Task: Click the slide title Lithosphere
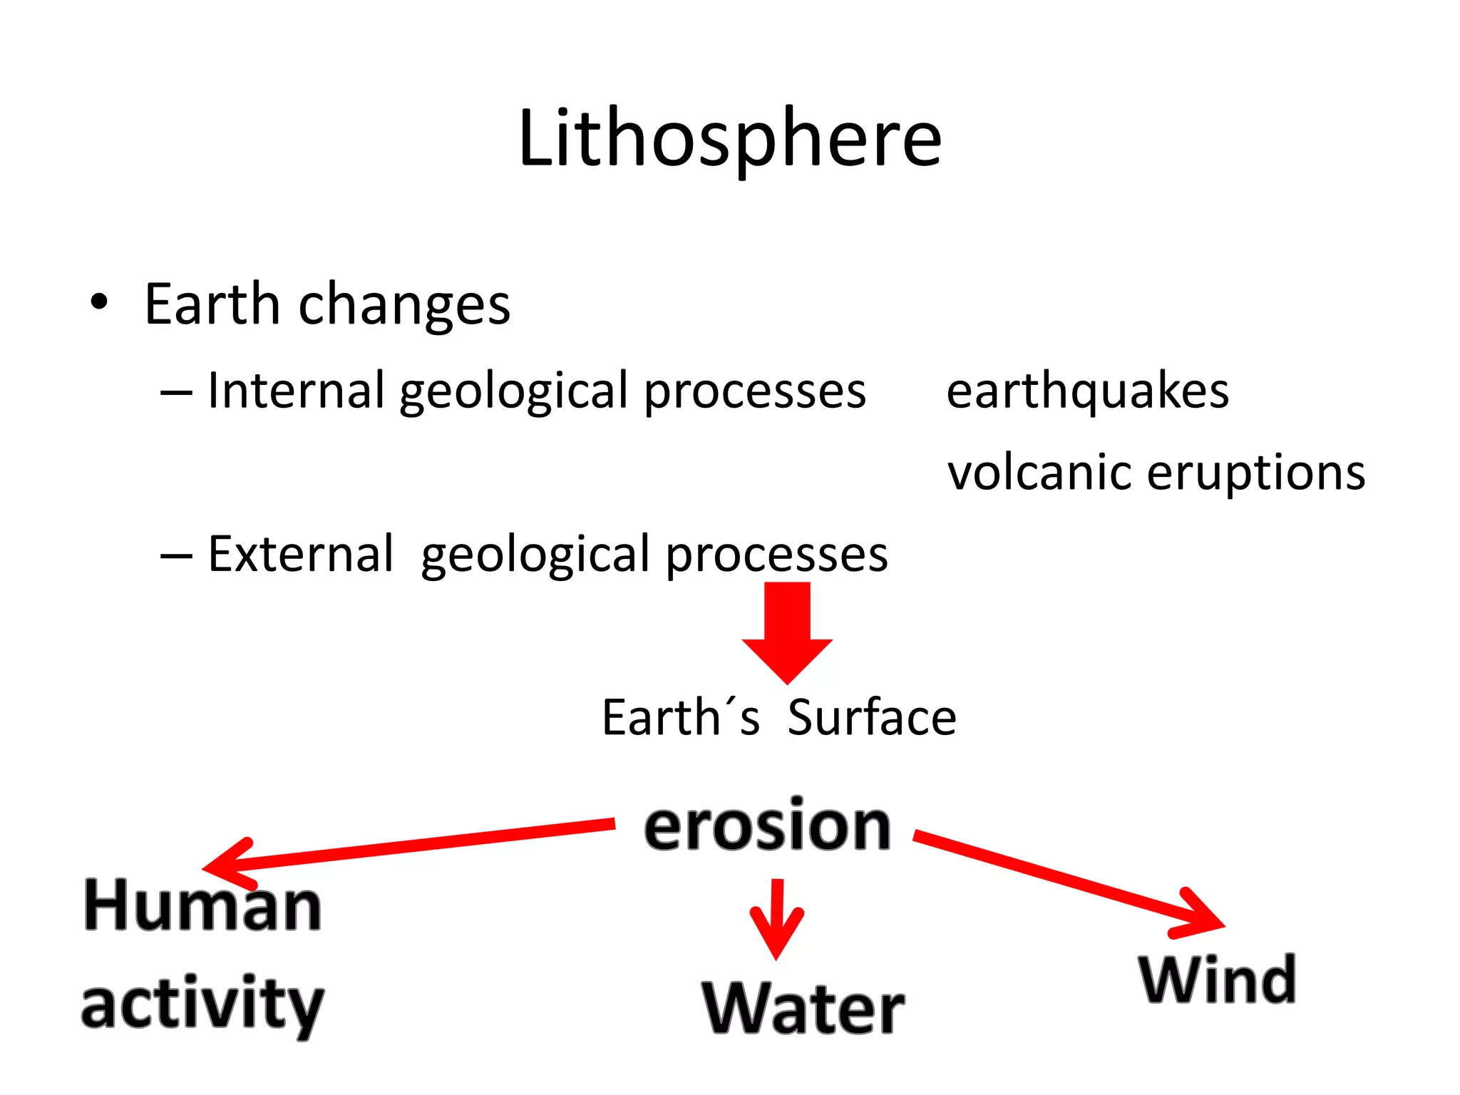[730, 138]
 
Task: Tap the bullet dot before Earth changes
[99, 302]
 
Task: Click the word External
[300, 554]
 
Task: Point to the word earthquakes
[1087, 392]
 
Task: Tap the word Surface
[872, 717]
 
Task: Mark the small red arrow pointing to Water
[776, 920]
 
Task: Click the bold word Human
[202, 905]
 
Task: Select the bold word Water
[803, 1008]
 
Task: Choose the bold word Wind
[1218, 980]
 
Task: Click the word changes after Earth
[404, 305]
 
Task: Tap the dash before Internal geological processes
[176, 393]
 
